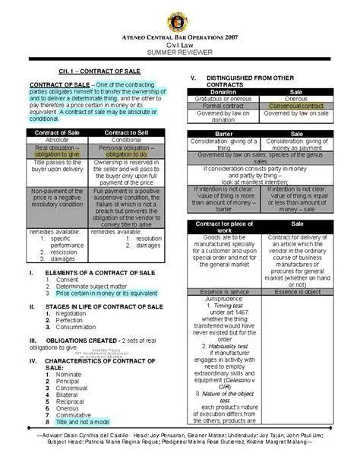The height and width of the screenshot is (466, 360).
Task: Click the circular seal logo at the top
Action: coord(179,17)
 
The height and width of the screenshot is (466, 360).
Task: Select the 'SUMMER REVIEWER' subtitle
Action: coord(180,52)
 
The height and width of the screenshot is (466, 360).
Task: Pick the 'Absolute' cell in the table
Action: coord(57,141)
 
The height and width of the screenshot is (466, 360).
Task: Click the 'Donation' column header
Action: coord(223,91)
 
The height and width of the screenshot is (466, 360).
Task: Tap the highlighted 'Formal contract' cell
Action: coord(223,106)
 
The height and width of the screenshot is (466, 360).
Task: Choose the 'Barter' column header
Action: coord(223,134)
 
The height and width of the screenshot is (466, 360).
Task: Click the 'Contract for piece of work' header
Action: coord(223,227)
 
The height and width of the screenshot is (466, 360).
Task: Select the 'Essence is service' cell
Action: coord(223,291)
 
